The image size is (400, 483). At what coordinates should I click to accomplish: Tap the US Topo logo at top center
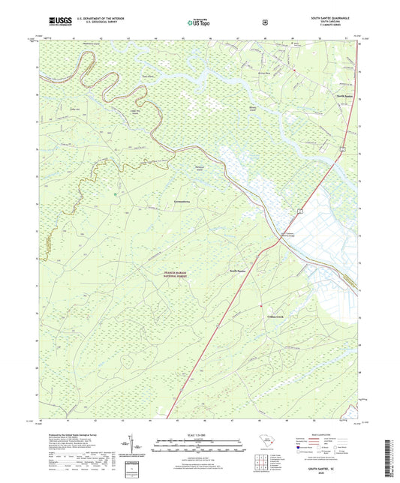point(199,23)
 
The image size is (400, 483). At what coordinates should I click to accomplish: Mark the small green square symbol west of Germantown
point(115,196)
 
